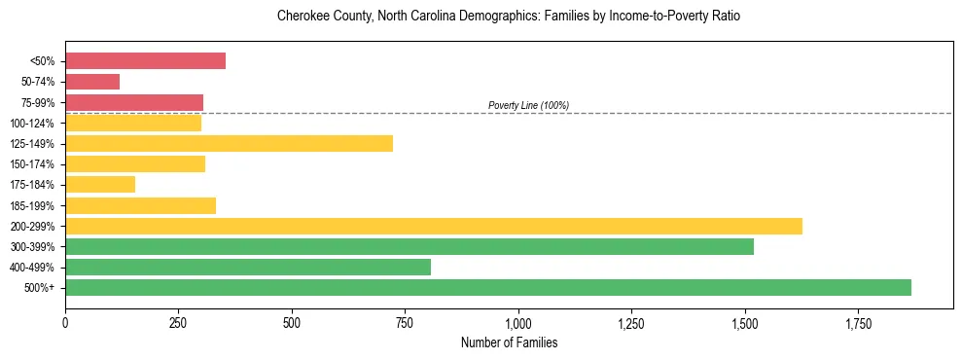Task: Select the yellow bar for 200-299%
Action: [x=434, y=226]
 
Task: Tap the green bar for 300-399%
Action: [x=410, y=246]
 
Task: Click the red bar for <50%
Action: [x=145, y=60]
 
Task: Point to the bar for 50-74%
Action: [x=92, y=82]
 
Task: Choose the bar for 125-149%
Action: [x=229, y=143]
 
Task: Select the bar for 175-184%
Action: [x=100, y=185]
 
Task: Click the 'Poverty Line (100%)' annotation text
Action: [x=528, y=105]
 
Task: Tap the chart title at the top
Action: [x=509, y=17]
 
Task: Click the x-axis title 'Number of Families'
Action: [x=509, y=342]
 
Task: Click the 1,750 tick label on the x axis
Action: [x=859, y=322]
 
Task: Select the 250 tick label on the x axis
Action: [x=178, y=322]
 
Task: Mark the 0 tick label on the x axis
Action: [x=65, y=322]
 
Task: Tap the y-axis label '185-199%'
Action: [x=35, y=205]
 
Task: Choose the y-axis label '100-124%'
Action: [x=35, y=123]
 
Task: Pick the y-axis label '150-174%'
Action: [x=35, y=164]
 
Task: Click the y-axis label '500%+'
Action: [x=41, y=288]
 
